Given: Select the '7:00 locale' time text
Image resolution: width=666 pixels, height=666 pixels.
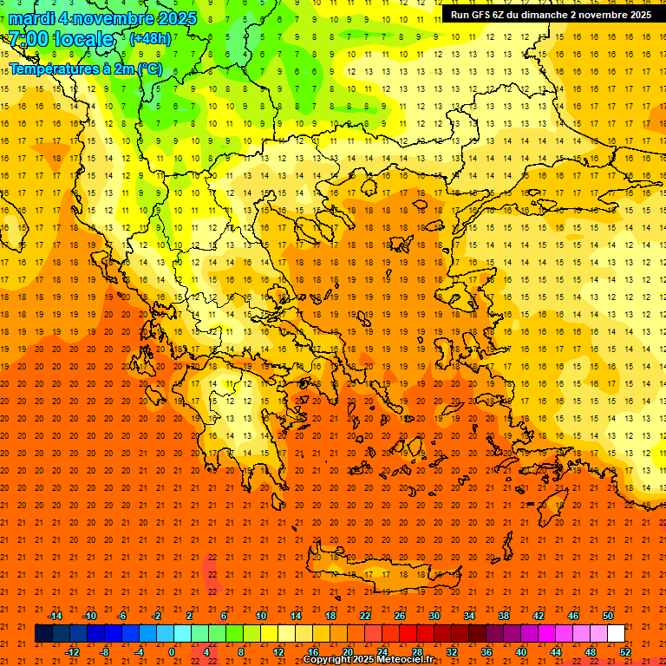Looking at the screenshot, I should coord(61,39).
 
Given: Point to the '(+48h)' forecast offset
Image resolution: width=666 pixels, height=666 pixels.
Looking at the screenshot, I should coord(150,39).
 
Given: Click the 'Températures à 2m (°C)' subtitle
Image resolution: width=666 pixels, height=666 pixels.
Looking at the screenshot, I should coord(85,68).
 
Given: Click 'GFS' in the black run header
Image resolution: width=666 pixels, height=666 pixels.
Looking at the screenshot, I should coord(481,15).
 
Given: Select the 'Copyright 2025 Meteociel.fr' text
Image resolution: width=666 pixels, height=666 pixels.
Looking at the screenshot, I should coord(368,660).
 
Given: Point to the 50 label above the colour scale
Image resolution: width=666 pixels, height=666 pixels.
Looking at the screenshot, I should coord(608,616).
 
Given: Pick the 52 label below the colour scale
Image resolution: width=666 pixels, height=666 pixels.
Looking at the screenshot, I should coord(626,651).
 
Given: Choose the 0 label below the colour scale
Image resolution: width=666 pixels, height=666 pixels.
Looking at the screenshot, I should coord(172,651).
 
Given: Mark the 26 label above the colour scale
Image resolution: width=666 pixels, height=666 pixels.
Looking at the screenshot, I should coord(400,616).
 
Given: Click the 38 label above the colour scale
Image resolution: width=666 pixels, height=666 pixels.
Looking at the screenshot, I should coord(504,616).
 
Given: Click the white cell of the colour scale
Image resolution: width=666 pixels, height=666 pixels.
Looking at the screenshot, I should coord(617,634).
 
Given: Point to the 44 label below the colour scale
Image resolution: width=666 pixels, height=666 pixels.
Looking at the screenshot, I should coord(556,651).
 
